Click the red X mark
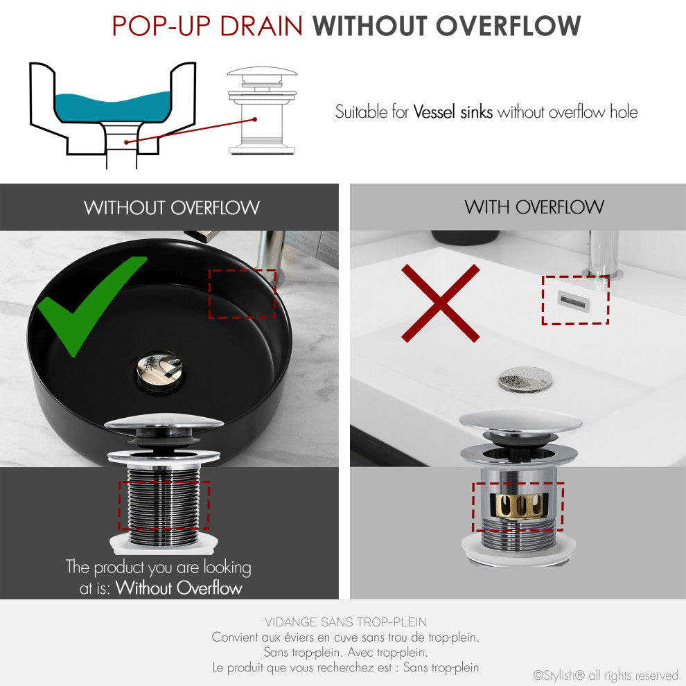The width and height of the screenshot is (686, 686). tap(440, 304)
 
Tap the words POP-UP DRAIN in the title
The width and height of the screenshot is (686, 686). tap(207, 26)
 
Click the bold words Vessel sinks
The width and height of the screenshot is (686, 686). tap(452, 112)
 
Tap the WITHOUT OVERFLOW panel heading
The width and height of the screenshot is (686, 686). tap(172, 207)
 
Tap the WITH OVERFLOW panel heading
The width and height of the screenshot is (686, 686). tap(534, 206)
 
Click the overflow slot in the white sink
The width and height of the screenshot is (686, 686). tap(574, 299)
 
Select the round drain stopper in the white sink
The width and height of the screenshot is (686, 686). tap(525, 378)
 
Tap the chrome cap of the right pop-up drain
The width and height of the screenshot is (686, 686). tap(520, 420)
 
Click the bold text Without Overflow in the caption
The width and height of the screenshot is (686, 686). tap(179, 588)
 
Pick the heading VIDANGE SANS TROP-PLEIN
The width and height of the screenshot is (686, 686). tap(345, 622)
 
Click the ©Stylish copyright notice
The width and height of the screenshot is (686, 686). tap(605, 675)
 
